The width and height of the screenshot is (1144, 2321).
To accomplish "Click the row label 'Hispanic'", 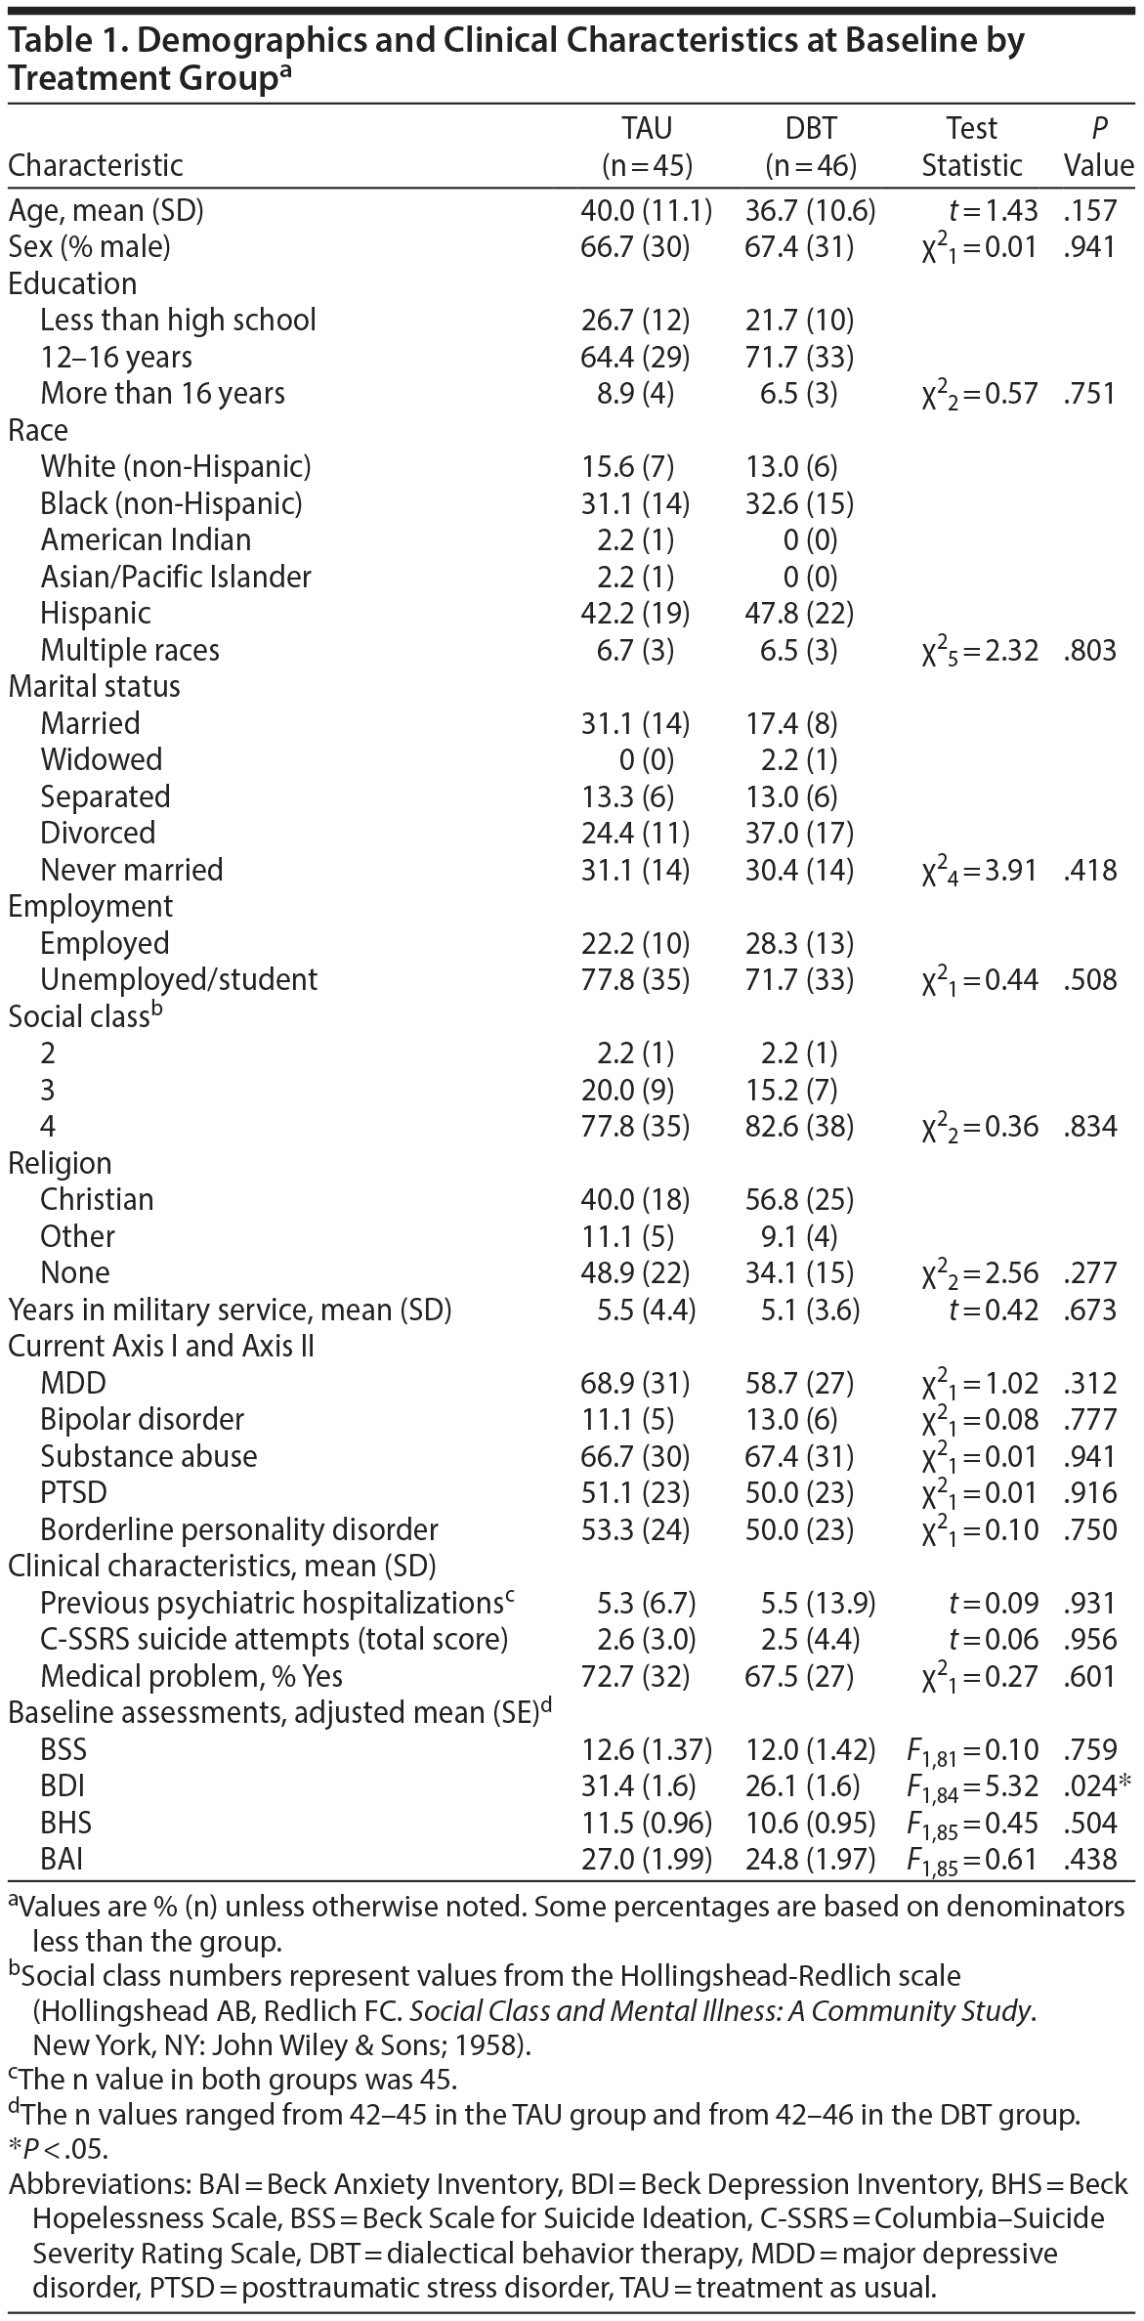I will pyautogui.click(x=96, y=613).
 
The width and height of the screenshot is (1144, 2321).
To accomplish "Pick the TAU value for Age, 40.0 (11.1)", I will pyautogui.click(x=646, y=210).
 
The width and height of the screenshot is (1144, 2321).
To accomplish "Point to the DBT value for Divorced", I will pyautogui.click(x=798, y=833).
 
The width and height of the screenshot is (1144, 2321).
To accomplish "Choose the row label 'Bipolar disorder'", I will pyautogui.click(x=143, y=1419).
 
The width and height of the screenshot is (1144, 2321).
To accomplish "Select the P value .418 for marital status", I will pyautogui.click(x=1089, y=870).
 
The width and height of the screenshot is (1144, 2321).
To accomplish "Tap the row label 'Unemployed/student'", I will pyautogui.click(x=179, y=979).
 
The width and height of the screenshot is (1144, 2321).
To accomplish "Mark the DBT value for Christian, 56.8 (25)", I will pyautogui.click(x=798, y=1199).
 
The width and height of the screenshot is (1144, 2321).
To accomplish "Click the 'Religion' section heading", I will pyautogui.click(x=60, y=1163).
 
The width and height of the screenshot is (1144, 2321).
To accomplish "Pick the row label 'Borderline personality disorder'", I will pyautogui.click(x=239, y=1529).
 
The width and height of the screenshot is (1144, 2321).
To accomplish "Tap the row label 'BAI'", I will pyautogui.click(x=62, y=1859).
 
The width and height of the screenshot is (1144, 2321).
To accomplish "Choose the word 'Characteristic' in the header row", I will pyautogui.click(x=96, y=165).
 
